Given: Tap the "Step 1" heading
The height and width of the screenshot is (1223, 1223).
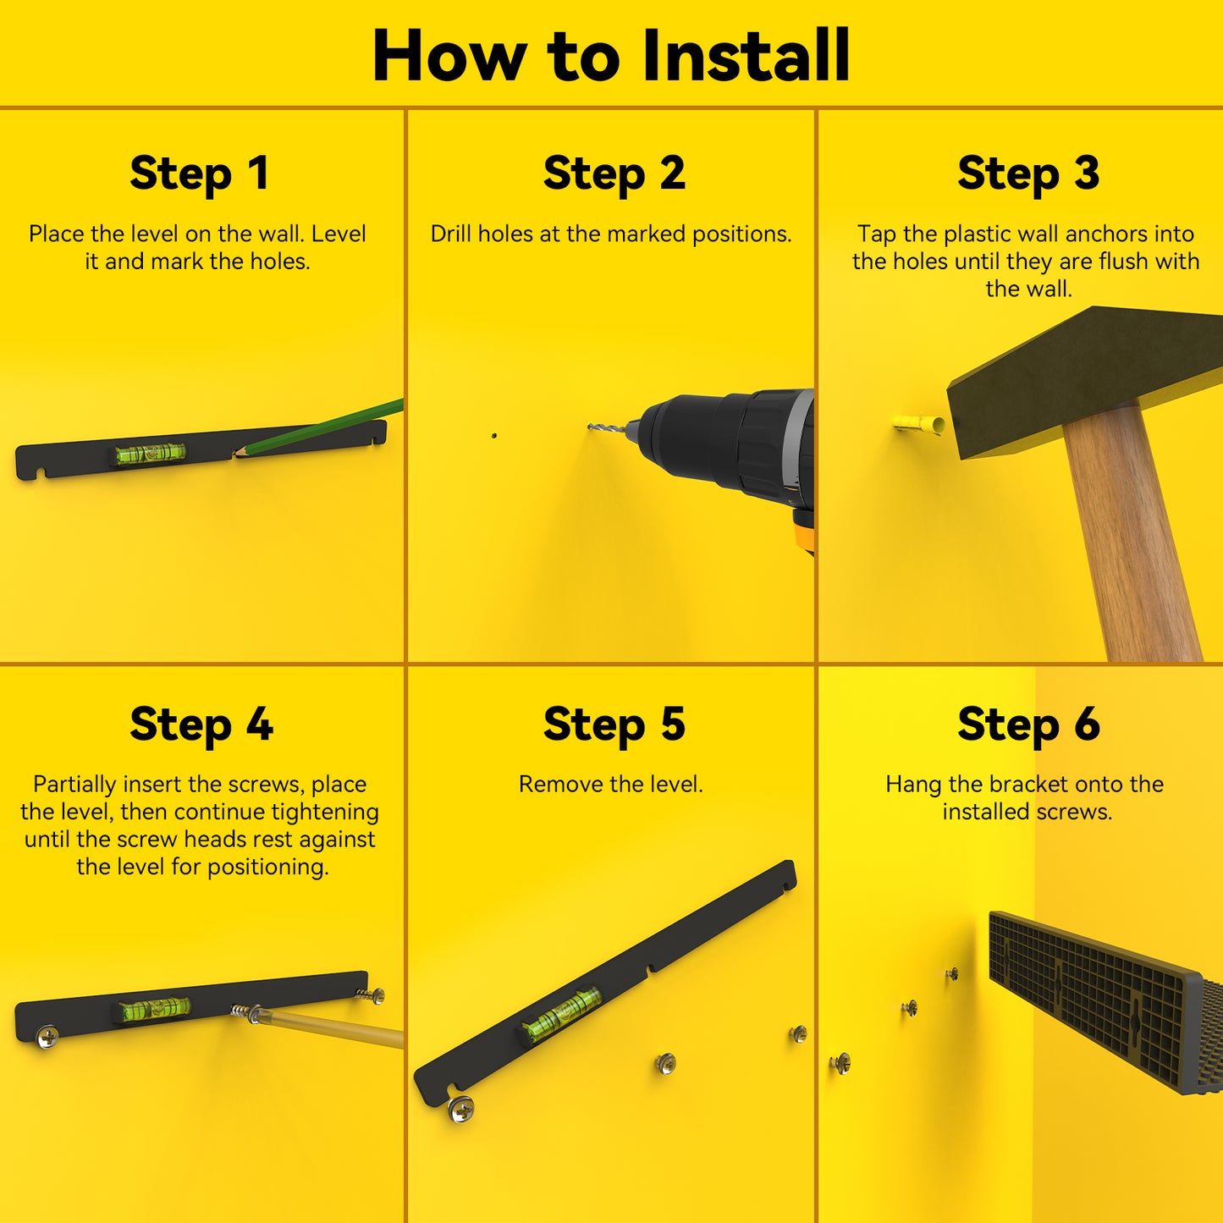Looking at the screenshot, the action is point(200,174).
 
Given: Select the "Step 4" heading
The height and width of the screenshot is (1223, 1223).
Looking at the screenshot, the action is point(201,724).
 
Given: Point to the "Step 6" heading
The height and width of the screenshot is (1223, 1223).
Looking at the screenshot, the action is point(1028,724).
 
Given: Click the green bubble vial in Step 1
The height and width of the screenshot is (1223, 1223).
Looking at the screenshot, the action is point(150,453).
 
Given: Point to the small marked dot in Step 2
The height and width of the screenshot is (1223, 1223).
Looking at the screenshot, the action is point(493,436).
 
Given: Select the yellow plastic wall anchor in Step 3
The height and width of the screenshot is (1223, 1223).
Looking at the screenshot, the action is point(918,422).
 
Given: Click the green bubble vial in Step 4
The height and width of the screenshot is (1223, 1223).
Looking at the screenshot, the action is point(155,1009).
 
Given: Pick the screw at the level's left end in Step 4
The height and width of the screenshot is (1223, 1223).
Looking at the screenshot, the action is point(47,1038).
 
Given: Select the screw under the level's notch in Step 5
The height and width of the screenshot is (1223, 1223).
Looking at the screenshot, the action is point(460,1109).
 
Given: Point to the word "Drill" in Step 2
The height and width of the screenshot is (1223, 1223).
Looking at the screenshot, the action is point(451,234).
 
